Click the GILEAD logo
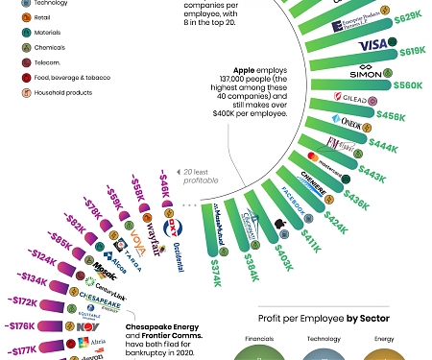pos(348,98)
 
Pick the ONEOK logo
pos(344,121)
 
